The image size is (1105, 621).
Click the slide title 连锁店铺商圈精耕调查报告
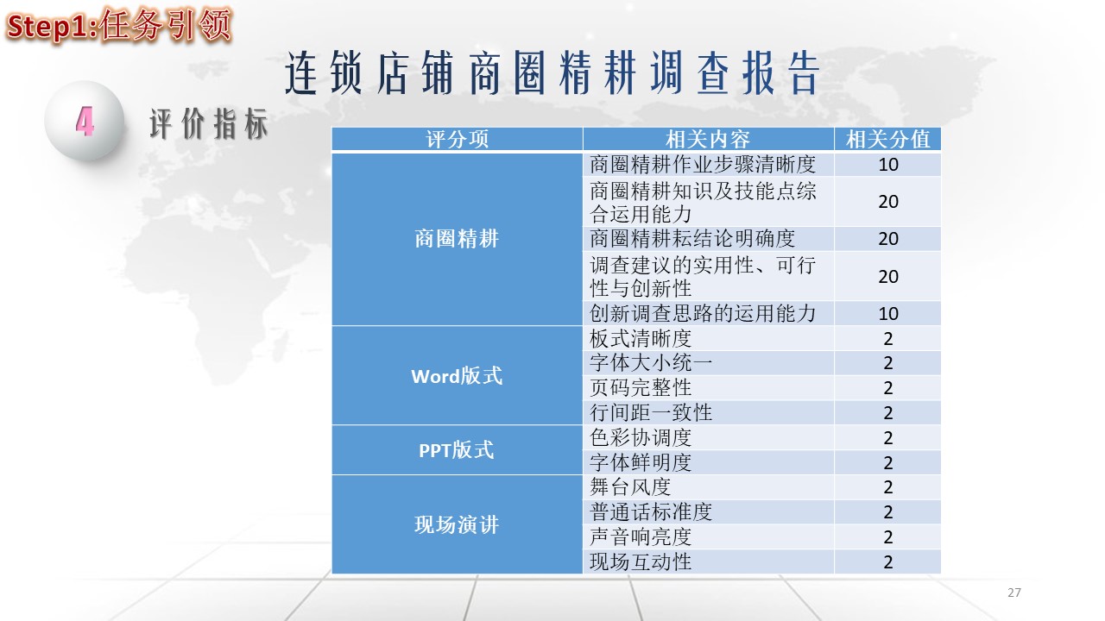pyautogui.click(x=552, y=73)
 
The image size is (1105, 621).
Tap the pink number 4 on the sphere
pyautogui.click(x=85, y=122)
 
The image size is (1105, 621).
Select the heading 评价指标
pyautogui.click(x=209, y=123)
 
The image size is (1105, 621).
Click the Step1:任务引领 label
pyautogui.click(x=118, y=25)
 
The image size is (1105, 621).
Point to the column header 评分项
pyautogui.click(x=457, y=139)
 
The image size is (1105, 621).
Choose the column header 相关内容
pyautogui.click(x=708, y=139)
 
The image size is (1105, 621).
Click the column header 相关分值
pyautogui.click(x=888, y=139)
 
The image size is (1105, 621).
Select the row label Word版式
pyautogui.click(x=457, y=376)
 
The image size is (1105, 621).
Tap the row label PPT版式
pyautogui.click(x=457, y=450)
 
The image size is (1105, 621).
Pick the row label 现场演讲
pyautogui.click(x=457, y=524)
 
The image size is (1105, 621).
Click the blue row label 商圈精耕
pyautogui.click(x=457, y=239)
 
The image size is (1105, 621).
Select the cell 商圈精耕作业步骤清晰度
pyautogui.click(x=703, y=164)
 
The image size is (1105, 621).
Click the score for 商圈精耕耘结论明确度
pyautogui.click(x=888, y=239)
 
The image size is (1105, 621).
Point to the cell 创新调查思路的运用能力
pyautogui.click(x=703, y=313)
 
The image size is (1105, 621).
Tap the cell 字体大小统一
pyautogui.click(x=651, y=363)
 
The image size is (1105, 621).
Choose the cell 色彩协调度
pyautogui.click(x=641, y=437)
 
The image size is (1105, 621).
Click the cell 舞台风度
pyautogui.click(x=630, y=487)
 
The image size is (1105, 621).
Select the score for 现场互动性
pyautogui.click(x=888, y=561)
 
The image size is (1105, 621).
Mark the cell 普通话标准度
pyautogui.click(x=651, y=512)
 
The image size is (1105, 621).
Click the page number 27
pyautogui.click(x=1014, y=593)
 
